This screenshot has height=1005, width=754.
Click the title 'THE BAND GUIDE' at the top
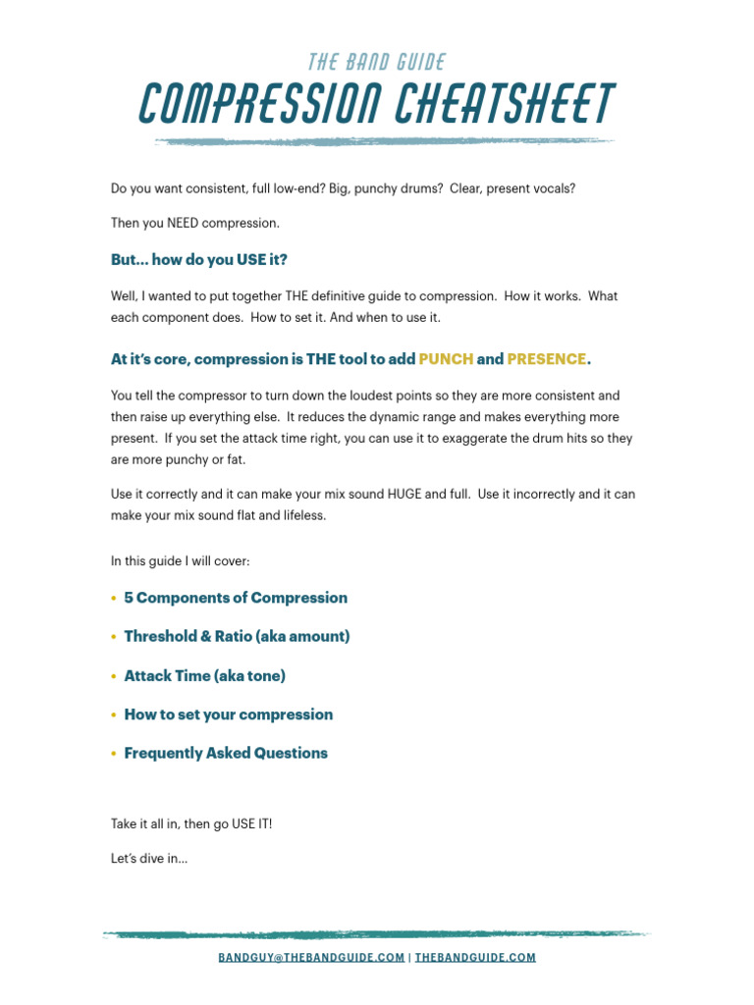377,63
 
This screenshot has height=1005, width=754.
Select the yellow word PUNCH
446,359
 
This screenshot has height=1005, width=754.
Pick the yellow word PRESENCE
546,359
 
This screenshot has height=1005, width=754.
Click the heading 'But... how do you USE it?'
198,260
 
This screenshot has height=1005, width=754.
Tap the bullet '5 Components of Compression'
236,598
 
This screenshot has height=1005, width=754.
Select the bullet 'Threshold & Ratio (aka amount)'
237,636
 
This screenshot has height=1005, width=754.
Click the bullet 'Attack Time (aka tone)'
204,675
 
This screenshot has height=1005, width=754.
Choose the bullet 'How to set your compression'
228,714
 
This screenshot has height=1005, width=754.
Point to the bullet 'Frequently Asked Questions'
226,753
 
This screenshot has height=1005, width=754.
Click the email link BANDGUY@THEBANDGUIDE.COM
311,957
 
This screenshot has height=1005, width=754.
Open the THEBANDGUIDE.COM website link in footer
475,957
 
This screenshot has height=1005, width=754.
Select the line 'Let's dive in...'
149,859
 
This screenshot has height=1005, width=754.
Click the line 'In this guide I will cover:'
181,561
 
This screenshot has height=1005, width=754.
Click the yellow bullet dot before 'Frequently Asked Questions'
114,754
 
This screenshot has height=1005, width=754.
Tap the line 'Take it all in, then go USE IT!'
191,823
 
